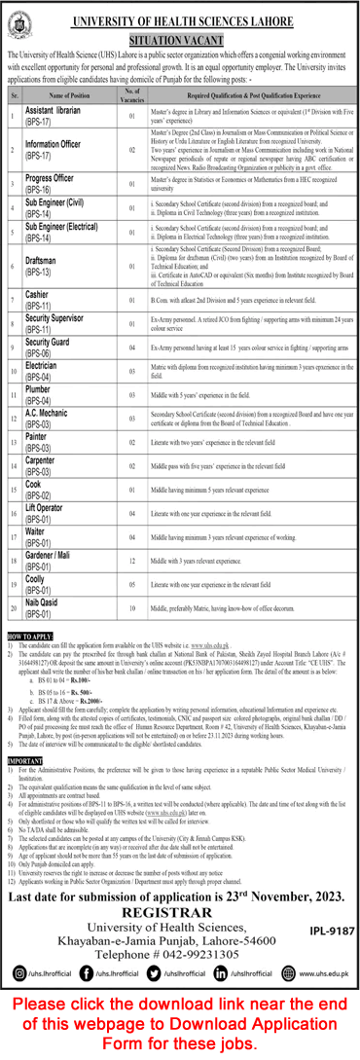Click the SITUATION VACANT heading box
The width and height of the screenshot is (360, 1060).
pyautogui.click(x=181, y=33)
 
